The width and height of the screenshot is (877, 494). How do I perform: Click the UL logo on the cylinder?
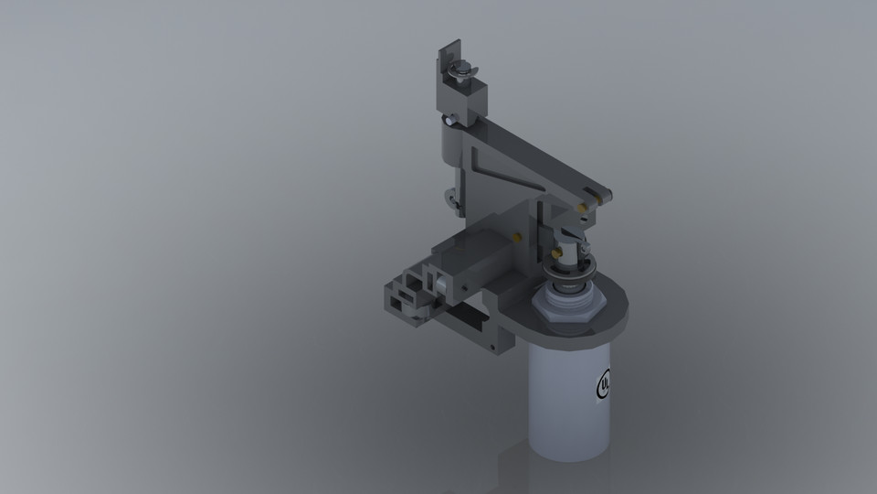[604, 384]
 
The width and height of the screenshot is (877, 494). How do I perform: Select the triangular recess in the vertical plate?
[493, 169]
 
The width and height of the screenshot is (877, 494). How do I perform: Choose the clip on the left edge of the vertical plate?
[452, 197]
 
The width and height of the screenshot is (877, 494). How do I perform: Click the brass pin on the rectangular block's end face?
[518, 237]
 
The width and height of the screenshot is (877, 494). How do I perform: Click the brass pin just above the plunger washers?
[555, 250]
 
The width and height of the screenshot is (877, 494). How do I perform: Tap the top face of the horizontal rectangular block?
[470, 242]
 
